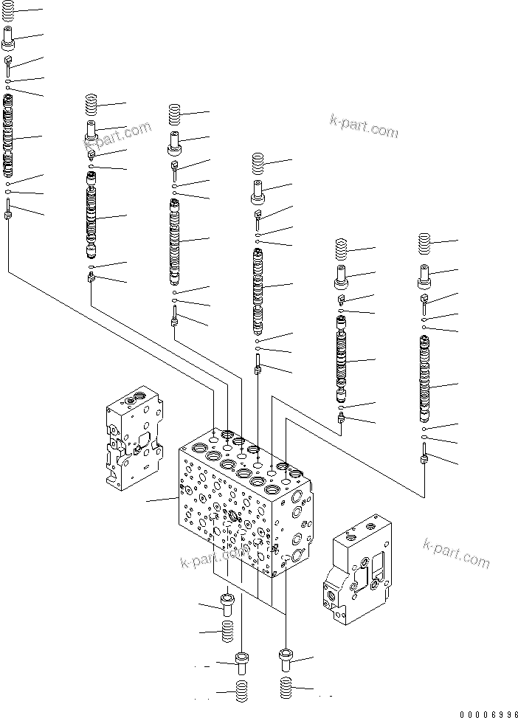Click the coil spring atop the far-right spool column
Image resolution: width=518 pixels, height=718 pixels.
(424, 244)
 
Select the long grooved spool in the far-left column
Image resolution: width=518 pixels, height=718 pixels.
(8, 136)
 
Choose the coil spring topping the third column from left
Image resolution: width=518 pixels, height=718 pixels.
(175, 114)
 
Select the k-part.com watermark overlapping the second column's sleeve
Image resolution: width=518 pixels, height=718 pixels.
(117, 137)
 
